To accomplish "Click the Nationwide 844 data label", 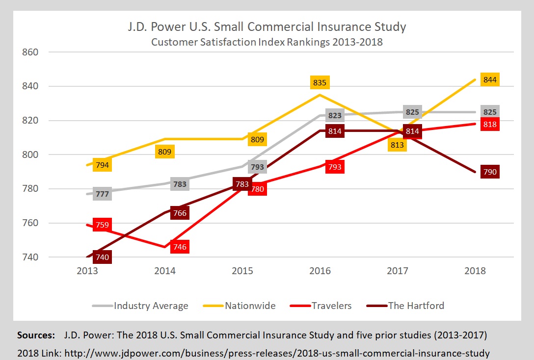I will click(x=489, y=79).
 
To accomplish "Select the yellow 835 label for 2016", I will click(x=320, y=82).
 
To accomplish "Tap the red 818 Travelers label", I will click(x=489, y=125).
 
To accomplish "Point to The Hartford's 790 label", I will click(x=489, y=172).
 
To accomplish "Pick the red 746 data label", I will click(x=180, y=247).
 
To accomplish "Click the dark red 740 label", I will click(x=102, y=257).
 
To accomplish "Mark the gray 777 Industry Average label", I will click(x=102, y=194).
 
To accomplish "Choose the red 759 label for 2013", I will click(x=102, y=225).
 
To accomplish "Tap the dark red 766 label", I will click(x=180, y=213).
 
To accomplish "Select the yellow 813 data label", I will click(x=398, y=144).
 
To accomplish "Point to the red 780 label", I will click(x=257, y=189).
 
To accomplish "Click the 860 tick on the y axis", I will click(x=29, y=52).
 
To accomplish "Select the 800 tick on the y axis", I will click(x=29, y=154).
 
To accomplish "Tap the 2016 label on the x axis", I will click(x=320, y=271).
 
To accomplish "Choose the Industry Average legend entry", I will click(x=151, y=306).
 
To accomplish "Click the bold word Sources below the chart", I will click(x=36, y=335).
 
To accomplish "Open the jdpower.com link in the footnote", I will click(x=277, y=352).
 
